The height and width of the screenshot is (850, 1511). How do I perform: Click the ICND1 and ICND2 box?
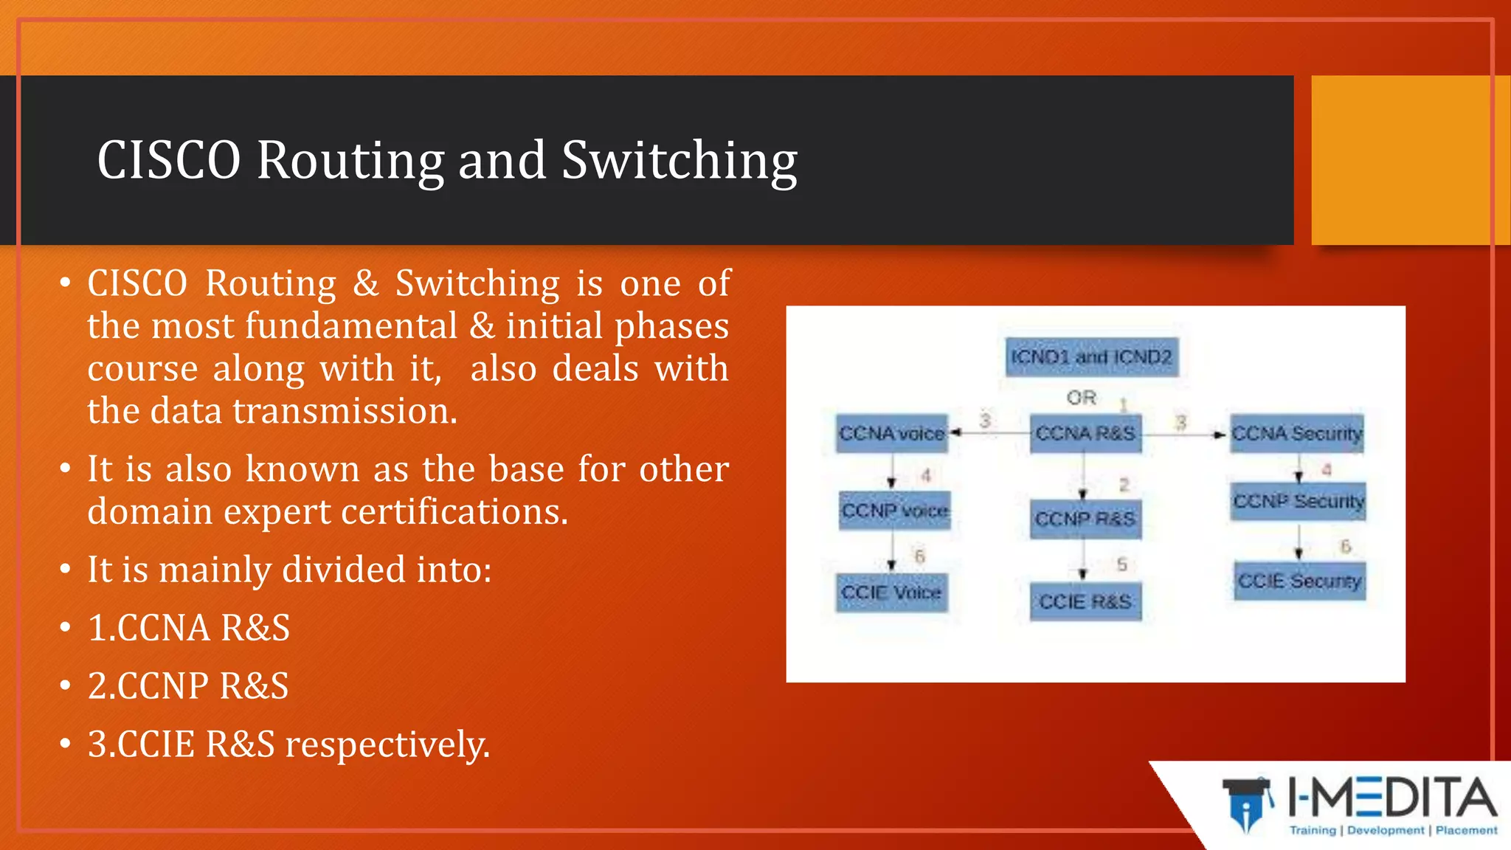[x=1091, y=357]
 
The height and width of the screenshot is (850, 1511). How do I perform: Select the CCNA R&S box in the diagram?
[x=1085, y=433]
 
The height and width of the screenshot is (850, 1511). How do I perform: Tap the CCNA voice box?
[x=892, y=433]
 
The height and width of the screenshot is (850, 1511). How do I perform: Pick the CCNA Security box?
[x=1297, y=433]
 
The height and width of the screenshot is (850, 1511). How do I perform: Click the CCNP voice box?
[x=894, y=511]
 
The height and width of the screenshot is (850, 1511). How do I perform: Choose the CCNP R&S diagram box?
[x=1085, y=519]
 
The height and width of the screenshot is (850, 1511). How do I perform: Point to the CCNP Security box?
[x=1299, y=502]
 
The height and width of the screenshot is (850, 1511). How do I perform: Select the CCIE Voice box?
[x=891, y=592]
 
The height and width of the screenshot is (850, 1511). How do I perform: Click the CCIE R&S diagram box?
[x=1085, y=602]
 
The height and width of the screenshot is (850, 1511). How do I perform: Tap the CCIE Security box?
[x=1299, y=581]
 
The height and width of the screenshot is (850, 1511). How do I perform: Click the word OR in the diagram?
[x=1081, y=398]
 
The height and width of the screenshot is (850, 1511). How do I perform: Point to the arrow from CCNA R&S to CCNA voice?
[x=989, y=433]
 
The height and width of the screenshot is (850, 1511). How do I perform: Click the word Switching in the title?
[x=679, y=160]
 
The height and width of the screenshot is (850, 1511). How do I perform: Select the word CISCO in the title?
[x=169, y=160]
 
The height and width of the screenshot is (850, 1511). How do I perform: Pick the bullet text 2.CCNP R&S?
[x=188, y=685]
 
